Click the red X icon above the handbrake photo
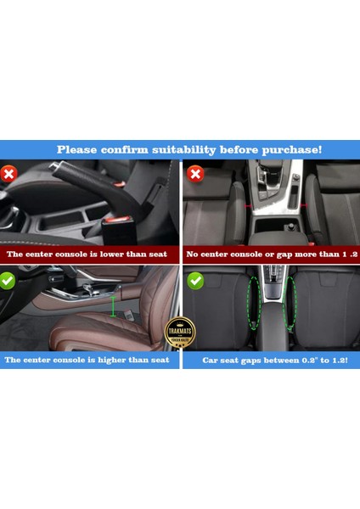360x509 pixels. pos(10,174)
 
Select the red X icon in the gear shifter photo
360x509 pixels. pos(195,175)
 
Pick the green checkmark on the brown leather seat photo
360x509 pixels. pos(10,280)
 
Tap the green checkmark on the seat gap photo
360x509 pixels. pos(195,280)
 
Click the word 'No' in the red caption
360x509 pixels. pos(192,254)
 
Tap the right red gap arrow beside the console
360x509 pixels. pos(292,206)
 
